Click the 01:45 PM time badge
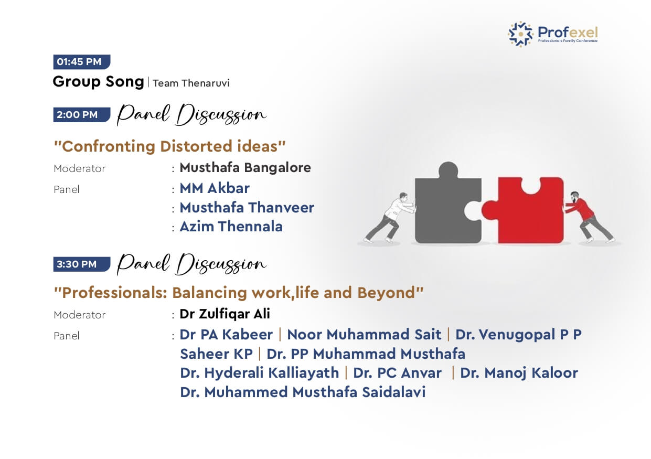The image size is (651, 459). coord(82,62)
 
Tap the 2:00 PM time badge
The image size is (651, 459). coord(82,115)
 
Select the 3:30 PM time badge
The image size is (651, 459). coord(82,264)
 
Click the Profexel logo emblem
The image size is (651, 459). coord(520,34)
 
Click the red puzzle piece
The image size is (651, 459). coord(523,210)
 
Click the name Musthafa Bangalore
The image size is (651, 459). coord(246,168)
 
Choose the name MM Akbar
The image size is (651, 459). coord(215,188)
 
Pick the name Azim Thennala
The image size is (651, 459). coord(231,227)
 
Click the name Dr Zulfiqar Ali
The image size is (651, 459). coord(225,314)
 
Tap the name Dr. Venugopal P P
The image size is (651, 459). coord(518,335)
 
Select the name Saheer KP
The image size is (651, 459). coord(216,354)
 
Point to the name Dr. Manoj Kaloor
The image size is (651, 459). coord(519,373)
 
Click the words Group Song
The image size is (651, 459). coord(98,82)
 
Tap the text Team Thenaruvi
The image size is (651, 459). coord(191,83)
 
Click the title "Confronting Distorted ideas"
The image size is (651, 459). coord(170,146)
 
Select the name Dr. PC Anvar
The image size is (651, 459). coord(397,373)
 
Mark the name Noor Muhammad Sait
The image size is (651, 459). coord(364,335)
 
